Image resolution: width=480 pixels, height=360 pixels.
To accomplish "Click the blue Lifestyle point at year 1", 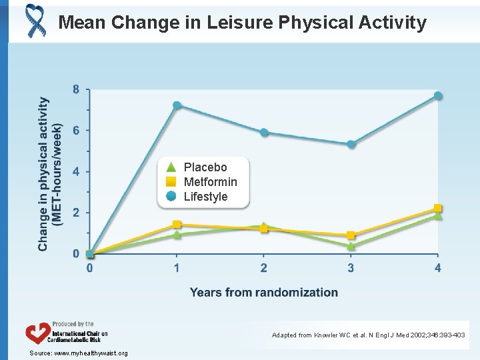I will pyautogui.click(x=177, y=105).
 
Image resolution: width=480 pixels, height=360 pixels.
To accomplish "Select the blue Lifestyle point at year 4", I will pyautogui.click(x=438, y=96).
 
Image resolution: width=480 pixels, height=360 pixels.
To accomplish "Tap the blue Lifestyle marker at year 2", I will pyautogui.click(x=264, y=133).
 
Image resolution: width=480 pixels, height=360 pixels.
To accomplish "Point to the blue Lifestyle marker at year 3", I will pyautogui.click(x=351, y=144).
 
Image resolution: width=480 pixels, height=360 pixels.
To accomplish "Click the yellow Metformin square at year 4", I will pyautogui.click(x=438, y=209).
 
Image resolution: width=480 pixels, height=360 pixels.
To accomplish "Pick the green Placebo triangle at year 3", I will pyautogui.click(x=351, y=246).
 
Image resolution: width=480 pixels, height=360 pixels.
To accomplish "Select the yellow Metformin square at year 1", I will pyautogui.click(x=177, y=225).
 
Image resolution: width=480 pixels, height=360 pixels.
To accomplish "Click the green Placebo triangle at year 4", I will pyautogui.click(x=438, y=216).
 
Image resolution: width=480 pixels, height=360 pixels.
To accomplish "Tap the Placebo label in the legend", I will pyautogui.click(x=205, y=167).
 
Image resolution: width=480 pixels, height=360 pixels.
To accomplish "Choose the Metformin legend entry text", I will pyautogui.click(x=210, y=182).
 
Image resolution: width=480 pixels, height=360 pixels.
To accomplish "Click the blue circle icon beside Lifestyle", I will pyautogui.click(x=171, y=196).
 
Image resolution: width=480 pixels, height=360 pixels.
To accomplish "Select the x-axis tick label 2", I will pyautogui.click(x=264, y=268).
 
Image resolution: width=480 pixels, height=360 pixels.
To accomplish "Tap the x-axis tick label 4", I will pyautogui.click(x=438, y=268).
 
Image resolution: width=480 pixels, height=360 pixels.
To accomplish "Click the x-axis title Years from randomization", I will pyautogui.click(x=263, y=292).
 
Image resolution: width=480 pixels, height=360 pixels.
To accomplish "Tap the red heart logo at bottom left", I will pyautogui.click(x=38, y=333).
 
